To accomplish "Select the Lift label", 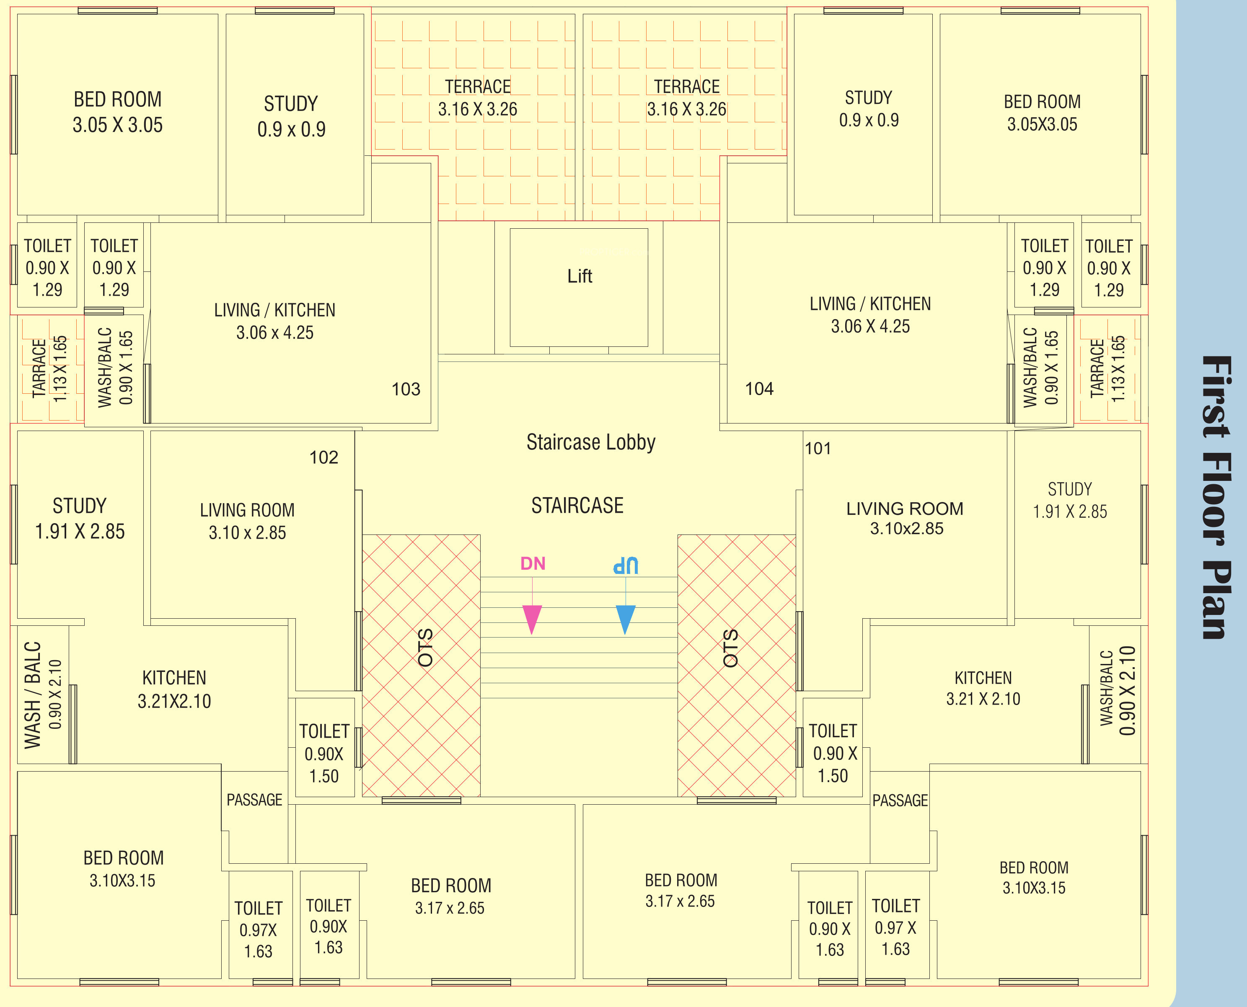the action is tap(580, 276).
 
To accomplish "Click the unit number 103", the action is tap(406, 389).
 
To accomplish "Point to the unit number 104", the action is tap(759, 389).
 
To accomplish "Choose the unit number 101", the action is tap(818, 448).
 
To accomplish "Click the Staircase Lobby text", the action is tap(591, 442).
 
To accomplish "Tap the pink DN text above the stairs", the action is tap(533, 563).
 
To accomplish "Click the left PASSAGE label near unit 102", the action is tap(254, 800).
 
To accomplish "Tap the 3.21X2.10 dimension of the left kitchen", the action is tap(174, 701).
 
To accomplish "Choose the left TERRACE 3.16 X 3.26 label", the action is tap(478, 98).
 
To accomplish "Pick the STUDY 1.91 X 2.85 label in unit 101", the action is tap(1069, 500).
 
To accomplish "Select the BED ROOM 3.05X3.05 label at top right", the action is tap(1042, 113).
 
